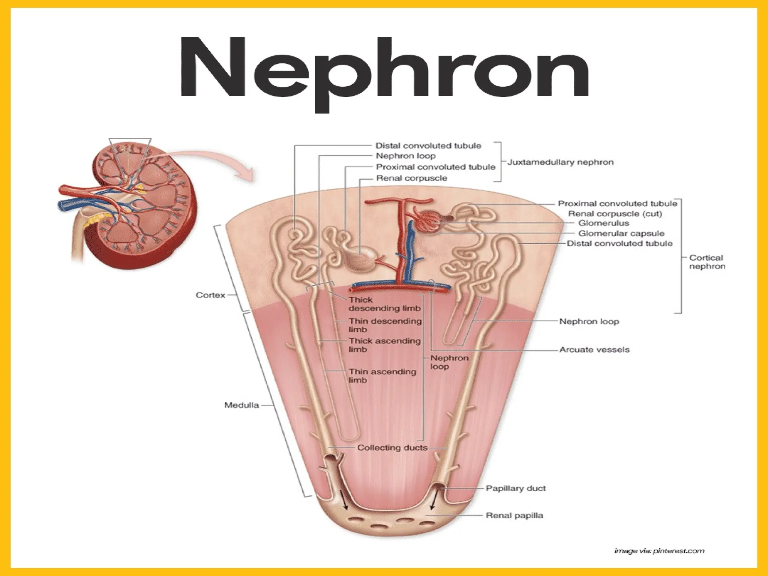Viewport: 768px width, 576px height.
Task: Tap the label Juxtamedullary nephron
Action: click(x=560, y=162)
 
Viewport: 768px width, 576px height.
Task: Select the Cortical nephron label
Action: click(x=707, y=262)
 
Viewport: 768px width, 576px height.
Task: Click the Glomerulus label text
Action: click(x=603, y=223)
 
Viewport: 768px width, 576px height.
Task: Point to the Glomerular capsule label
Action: click(x=621, y=233)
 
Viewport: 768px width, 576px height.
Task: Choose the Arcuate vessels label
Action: click(x=594, y=349)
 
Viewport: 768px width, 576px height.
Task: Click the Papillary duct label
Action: click(x=516, y=488)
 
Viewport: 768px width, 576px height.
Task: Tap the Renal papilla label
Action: click(x=514, y=515)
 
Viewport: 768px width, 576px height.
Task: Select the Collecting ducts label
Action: click(x=392, y=447)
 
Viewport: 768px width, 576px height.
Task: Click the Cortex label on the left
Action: click(x=210, y=295)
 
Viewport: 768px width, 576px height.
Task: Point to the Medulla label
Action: click(x=241, y=405)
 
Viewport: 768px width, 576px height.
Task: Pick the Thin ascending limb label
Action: click(x=382, y=376)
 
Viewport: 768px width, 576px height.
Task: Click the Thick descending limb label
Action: click(x=384, y=304)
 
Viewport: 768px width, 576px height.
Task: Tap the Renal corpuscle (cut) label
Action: click(x=615, y=214)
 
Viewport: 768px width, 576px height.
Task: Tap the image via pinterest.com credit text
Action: click(x=659, y=551)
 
